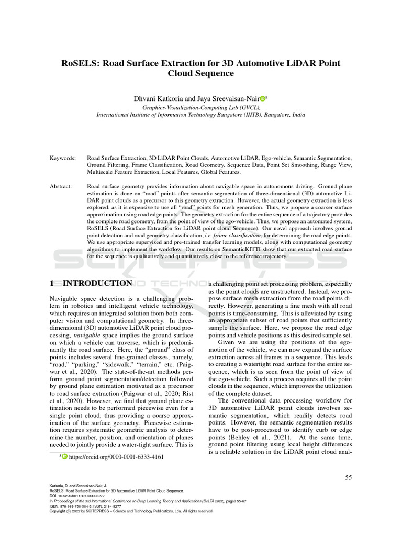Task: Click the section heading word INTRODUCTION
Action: click(98, 283)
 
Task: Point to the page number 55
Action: click(350, 477)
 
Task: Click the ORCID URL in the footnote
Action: click(116, 456)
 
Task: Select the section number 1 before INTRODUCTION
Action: click(52, 283)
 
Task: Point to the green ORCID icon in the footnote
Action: click(65, 457)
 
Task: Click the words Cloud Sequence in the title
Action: click(200, 74)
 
